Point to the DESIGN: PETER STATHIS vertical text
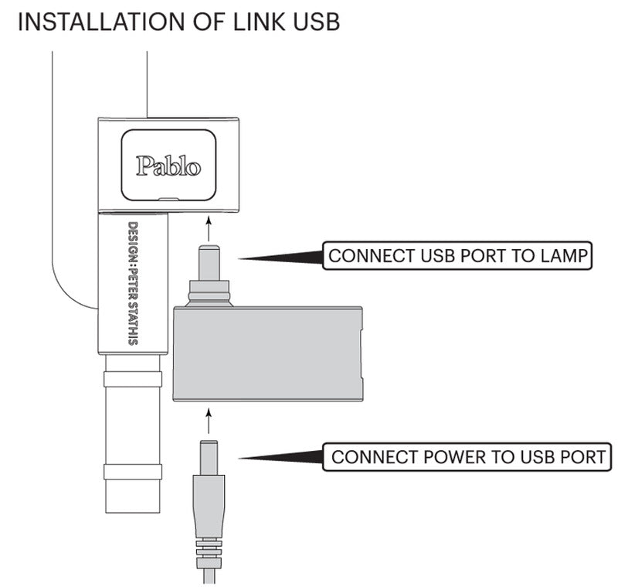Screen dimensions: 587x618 tap(133, 283)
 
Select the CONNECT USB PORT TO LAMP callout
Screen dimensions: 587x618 tap(457, 256)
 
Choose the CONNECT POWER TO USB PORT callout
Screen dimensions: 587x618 tap(467, 456)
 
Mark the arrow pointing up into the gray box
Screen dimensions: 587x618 tap(208, 420)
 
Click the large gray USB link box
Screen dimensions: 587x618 tap(267, 353)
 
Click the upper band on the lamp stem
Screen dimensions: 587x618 tap(133, 379)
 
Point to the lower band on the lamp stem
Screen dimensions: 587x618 tap(133, 471)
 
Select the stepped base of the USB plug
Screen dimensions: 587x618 tap(209, 292)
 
